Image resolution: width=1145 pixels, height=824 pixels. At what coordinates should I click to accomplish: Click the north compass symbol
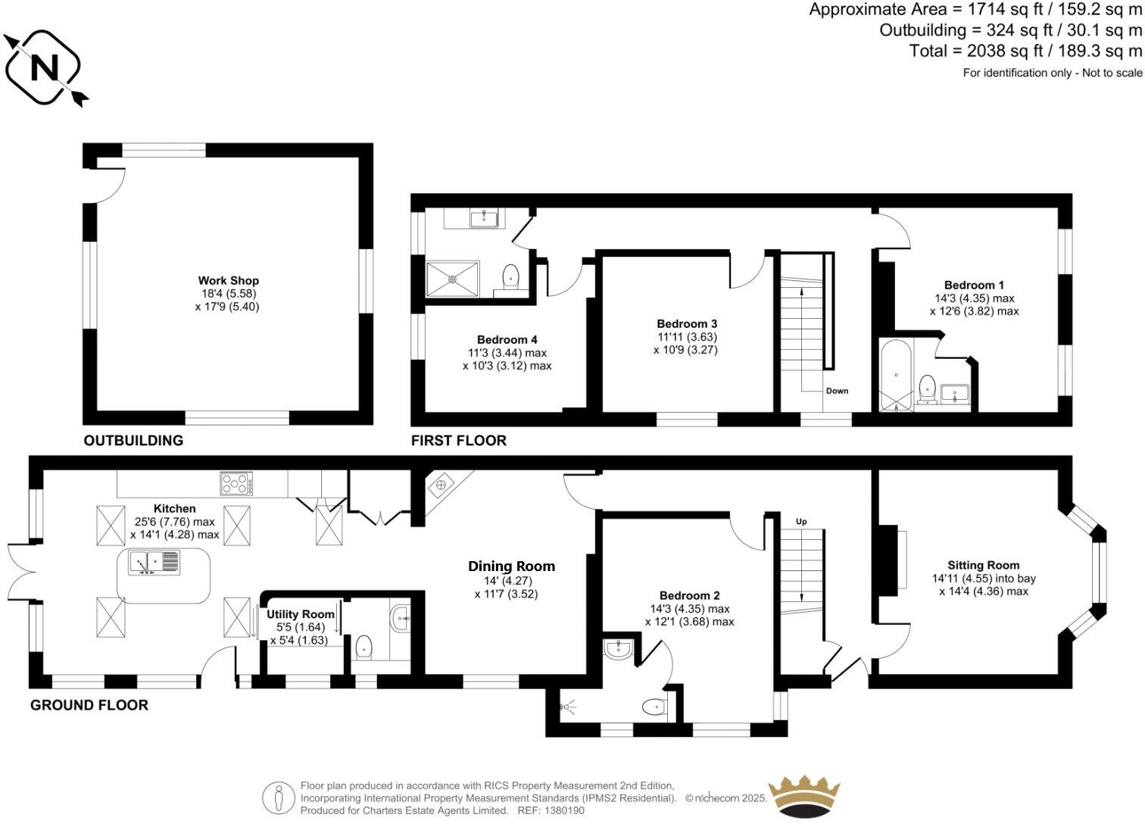44,68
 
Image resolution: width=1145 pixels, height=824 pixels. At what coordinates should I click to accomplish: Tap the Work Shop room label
228,281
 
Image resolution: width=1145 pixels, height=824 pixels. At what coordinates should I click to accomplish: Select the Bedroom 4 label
507,340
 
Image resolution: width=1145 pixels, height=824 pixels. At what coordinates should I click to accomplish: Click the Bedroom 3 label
686,324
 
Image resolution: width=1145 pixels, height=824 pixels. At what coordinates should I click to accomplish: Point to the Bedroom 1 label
974,286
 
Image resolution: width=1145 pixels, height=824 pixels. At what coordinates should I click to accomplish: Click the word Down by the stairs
837,391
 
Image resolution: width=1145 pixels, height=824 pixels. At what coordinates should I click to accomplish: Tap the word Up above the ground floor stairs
801,522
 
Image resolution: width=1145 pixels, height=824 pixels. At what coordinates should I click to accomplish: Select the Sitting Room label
983,565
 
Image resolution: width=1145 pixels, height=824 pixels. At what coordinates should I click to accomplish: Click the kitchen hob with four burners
236,482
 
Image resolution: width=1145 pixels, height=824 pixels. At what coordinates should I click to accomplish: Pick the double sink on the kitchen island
154,563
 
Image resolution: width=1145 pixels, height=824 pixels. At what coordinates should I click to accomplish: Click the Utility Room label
300,614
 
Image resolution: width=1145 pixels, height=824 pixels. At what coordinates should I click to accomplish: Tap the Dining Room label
511,566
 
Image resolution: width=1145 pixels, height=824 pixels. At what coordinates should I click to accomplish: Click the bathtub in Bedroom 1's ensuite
897,376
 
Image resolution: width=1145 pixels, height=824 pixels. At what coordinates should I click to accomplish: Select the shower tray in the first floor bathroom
453,278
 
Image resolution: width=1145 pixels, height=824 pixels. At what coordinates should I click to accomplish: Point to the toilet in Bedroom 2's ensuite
653,707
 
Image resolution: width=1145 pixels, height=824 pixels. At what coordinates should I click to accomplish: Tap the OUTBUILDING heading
133,441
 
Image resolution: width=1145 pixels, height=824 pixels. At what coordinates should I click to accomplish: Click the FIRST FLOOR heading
458,441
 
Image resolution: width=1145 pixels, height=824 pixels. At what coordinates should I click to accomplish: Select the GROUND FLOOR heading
89,705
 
